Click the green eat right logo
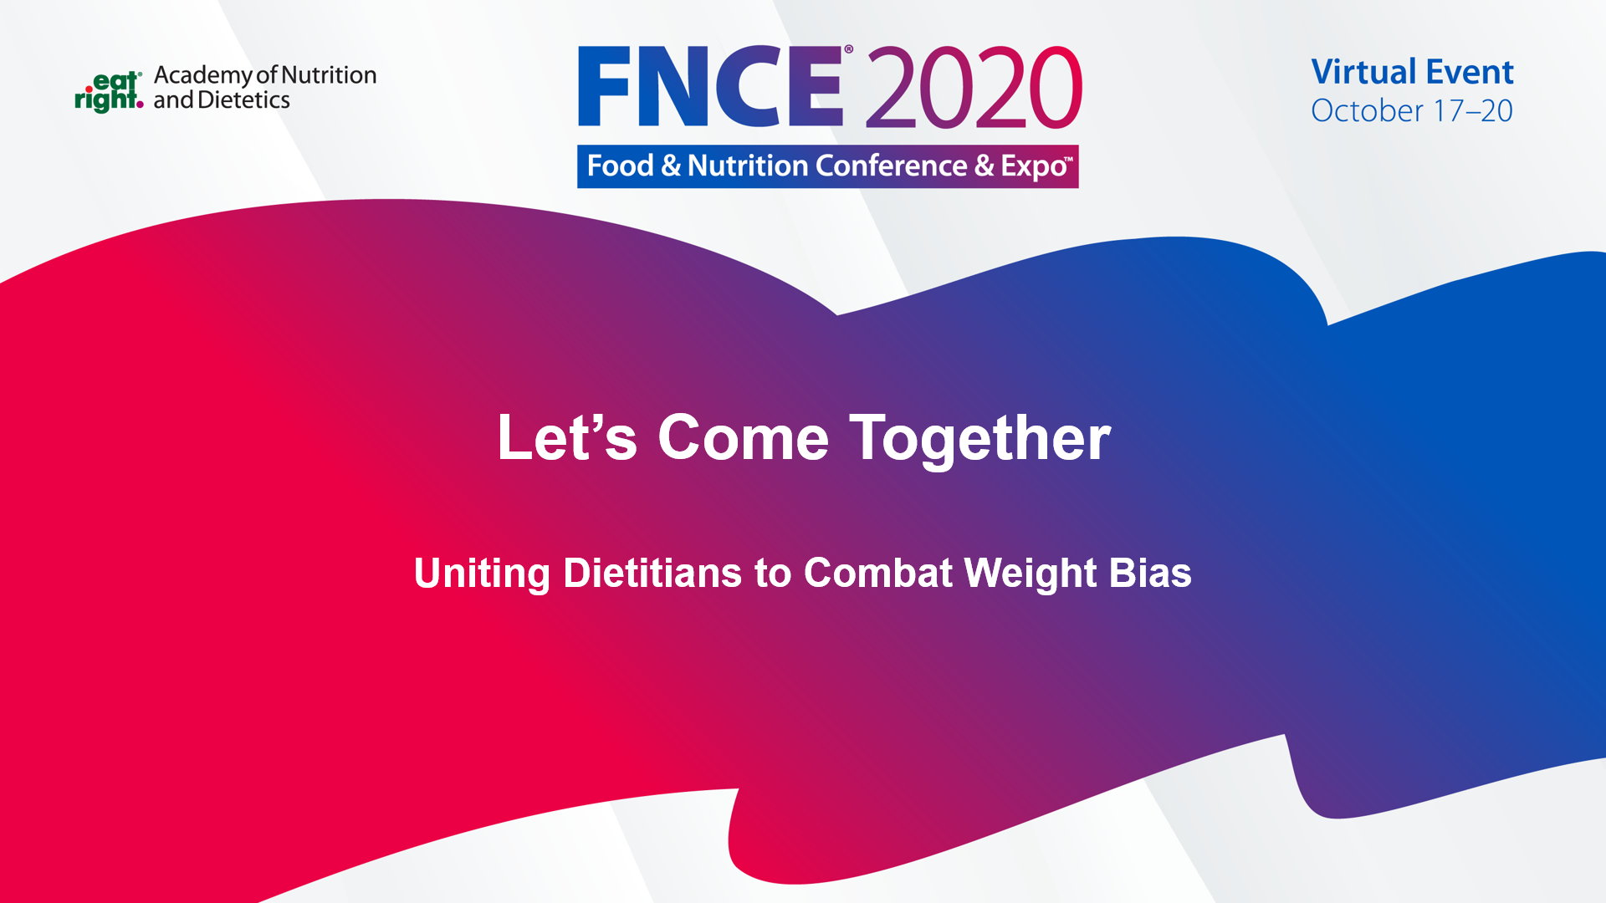109,92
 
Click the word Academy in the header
203,76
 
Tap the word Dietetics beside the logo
243,100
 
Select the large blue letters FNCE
710,86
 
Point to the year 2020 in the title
974,87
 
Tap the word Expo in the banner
1034,166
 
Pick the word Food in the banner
620,166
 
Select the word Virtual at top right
1363,72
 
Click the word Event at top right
1470,72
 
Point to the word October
1367,110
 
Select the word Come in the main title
743,437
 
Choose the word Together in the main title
980,439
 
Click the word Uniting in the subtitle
482,574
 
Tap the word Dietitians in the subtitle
652,573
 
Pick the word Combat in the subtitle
878,573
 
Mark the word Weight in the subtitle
1031,574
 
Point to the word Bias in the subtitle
1150,573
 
